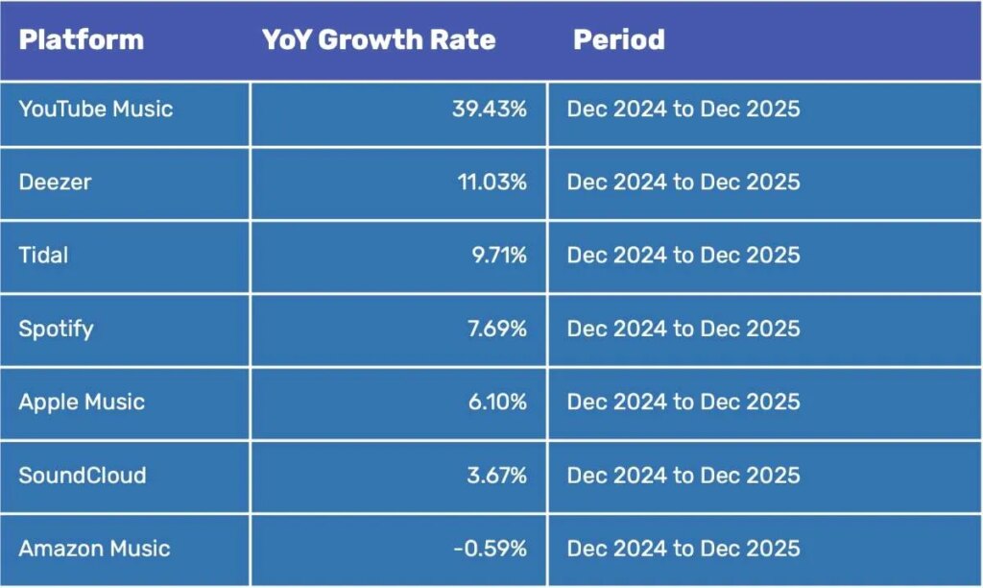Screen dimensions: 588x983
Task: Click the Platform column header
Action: pyautogui.click(x=81, y=40)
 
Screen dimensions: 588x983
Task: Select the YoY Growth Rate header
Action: pyautogui.click(x=379, y=40)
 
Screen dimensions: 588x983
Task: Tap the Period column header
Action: pyautogui.click(x=619, y=40)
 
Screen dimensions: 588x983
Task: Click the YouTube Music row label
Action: pyautogui.click(x=96, y=109)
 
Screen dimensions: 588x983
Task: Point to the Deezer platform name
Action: pyautogui.click(x=55, y=182)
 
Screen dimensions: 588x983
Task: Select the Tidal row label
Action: pyautogui.click(x=43, y=255)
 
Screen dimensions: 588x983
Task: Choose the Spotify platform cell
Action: pyautogui.click(x=56, y=329)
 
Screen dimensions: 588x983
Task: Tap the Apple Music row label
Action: pyautogui.click(x=82, y=402)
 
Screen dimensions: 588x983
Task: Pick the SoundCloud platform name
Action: pyautogui.click(x=83, y=475)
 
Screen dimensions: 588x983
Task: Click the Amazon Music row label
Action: pyautogui.click(x=94, y=549)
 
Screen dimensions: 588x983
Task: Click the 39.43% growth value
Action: pyautogui.click(x=490, y=109)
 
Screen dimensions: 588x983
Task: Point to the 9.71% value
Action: pyautogui.click(x=496, y=255)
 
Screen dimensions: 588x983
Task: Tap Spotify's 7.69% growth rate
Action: pyautogui.click(x=495, y=329)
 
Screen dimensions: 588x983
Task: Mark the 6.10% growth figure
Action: pyautogui.click(x=495, y=402)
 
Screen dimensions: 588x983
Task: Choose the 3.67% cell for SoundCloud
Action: pyautogui.click(x=495, y=475)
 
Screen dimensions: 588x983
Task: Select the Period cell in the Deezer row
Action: pyautogui.click(x=683, y=182)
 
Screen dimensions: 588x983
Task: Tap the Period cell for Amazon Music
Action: pyautogui.click(x=683, y=549)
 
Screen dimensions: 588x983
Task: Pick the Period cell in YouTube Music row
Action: pyautogui.click(x=683, y=109)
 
